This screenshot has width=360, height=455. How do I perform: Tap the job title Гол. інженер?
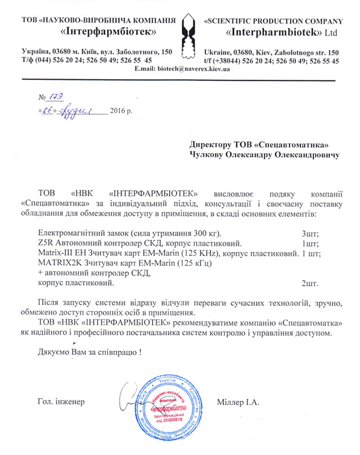point(60,402)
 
